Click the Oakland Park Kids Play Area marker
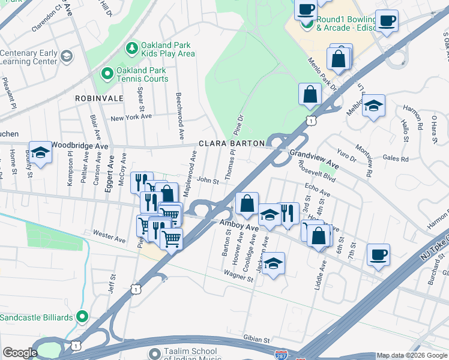pyautogui.click(x=130, y=47)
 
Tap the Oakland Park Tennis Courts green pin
pyautogui.click(x=107, y=74)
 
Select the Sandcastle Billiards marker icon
pyautogui.click(x=82, y=317)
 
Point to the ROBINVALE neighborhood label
pyautogui.click(x=99, y=98)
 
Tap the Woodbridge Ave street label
pyautogui.click(x=79, y=146)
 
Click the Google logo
pyautogui.click(x=20, y=353)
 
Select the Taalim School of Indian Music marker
pyautogui.click(x=155, y=353)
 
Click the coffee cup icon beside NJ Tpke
pyautogui.click(x=378, y=254)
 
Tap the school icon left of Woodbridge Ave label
pyautogui.click(x=40, y=152)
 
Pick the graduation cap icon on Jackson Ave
pyautogui.click(x=273, y=262)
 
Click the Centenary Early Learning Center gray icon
pyautogui.click(x=66, y=56)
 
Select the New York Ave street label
pyautogui.click(x=131, y=117)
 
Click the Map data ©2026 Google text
pyautogui.click(x=412, y=356)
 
